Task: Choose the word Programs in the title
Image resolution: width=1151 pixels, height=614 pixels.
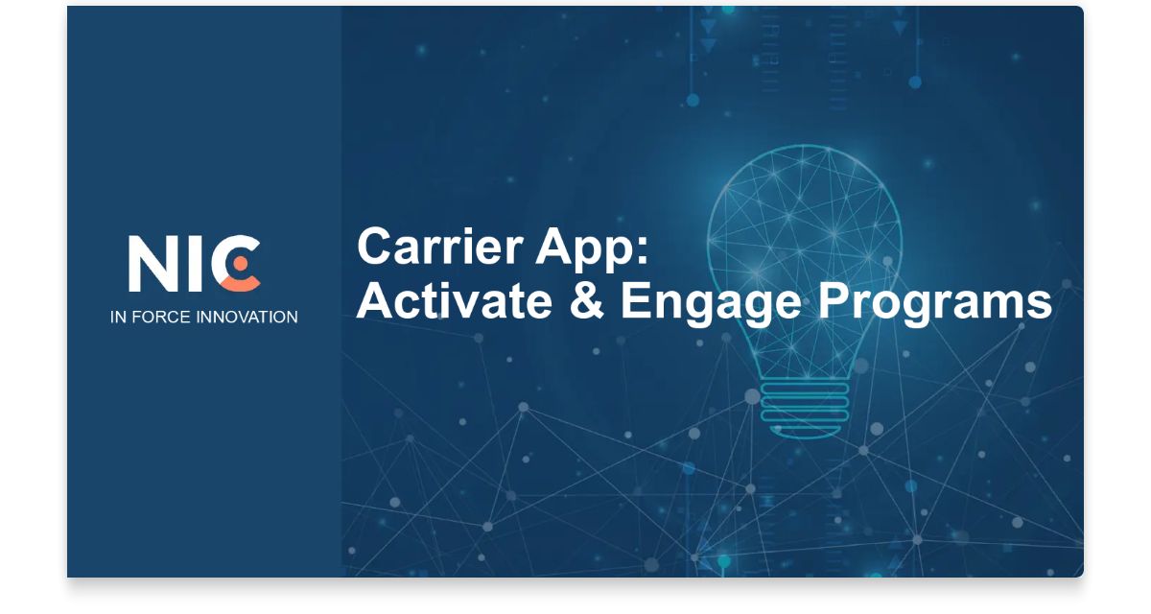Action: [x=935, y=303]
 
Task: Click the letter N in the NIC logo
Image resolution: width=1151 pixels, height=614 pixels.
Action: [x=153, y=263]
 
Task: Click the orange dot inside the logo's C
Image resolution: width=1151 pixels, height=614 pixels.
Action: [x=241, y=261]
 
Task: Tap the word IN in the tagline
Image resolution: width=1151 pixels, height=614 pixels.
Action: [x=117, y=317]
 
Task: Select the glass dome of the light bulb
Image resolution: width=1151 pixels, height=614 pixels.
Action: [x=804, y=240]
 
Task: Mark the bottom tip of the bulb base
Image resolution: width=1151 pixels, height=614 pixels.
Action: [x=804, y=434]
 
